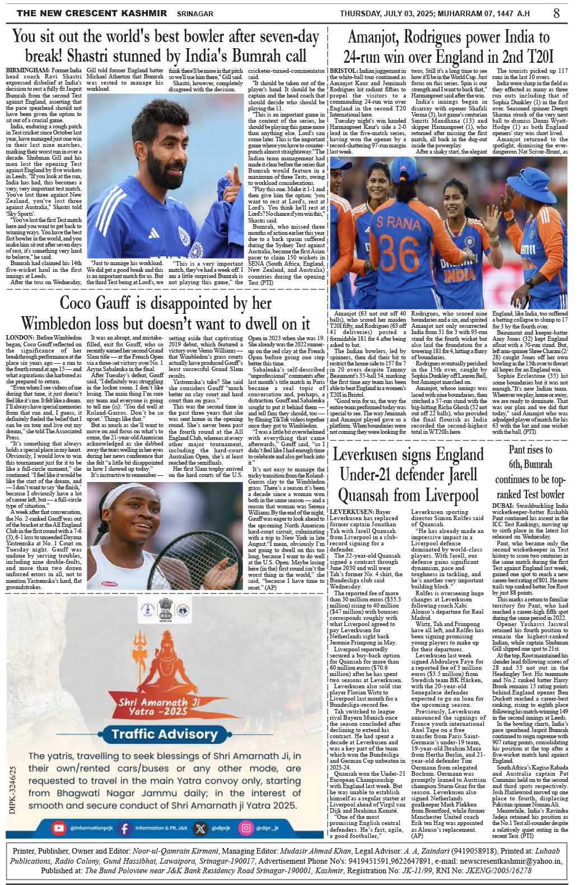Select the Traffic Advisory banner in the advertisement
[164, 734]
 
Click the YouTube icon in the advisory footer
[58, 827]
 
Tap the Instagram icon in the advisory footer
[245, 827]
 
